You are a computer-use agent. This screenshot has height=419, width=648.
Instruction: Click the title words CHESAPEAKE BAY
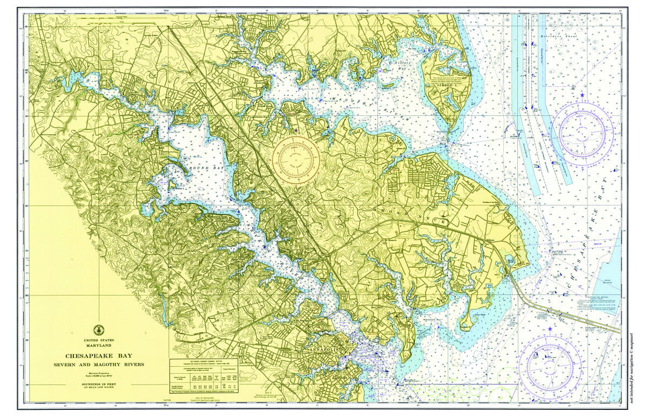(x=99, y=356)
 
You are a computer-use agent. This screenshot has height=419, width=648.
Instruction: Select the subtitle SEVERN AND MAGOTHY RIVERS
(x=99, y=365)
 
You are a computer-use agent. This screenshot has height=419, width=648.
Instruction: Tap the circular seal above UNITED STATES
(x=99, y=330)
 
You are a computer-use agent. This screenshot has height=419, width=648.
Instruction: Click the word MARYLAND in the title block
(x=99, y=345)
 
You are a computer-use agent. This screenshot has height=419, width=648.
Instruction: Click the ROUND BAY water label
(x=205, y=169)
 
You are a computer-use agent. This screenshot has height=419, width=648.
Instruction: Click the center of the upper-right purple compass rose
(x=585, y=133)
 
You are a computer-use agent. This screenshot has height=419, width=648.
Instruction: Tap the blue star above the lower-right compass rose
(x=550, y=329)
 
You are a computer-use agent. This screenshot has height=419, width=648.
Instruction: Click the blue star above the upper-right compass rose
(x=582, y=95)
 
